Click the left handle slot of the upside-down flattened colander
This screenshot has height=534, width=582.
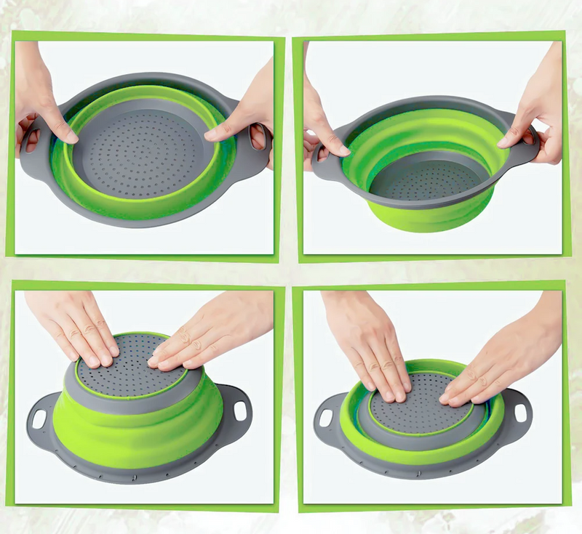(x=325, y=418)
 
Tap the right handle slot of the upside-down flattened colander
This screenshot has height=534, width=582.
(x=519, y=411)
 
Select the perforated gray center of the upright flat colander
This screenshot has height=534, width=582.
(x=138, y=149)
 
